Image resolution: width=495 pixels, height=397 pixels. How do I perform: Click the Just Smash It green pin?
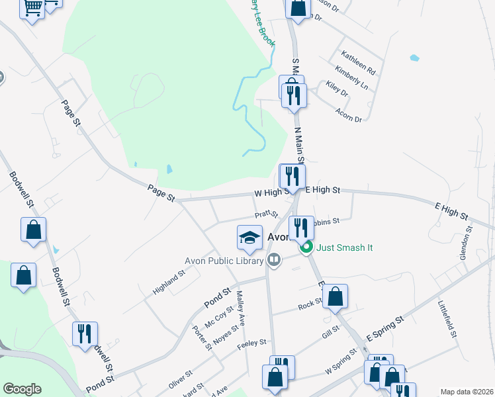tap(306, 249)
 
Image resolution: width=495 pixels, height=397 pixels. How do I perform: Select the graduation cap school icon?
tap(249, 238)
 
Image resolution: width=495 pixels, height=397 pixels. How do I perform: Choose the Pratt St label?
tap(266, 214)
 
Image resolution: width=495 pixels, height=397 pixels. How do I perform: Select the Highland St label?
tap(169, 283)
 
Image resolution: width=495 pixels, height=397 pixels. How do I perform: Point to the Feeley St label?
tap(252, 343)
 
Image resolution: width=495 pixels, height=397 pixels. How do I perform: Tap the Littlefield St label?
tap(447, 319)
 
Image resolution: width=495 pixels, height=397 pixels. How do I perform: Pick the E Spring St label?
tap(385, 329)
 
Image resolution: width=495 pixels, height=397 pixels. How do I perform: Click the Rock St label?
tap(310, 304)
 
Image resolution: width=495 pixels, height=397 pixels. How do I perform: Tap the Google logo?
tap(22, 389)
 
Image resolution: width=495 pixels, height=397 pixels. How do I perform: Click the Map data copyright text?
tap(467, 392)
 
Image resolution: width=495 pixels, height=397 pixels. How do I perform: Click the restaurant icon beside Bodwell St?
tap(85, 333)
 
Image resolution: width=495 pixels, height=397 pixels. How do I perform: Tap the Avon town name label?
tap(278, 237)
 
